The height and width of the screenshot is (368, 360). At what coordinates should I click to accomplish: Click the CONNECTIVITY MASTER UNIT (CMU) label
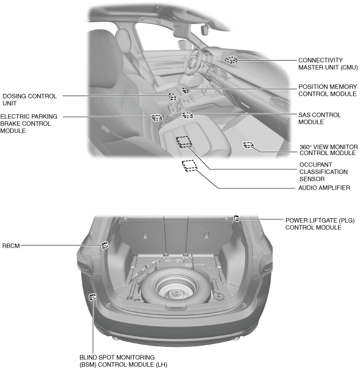click(327, 64)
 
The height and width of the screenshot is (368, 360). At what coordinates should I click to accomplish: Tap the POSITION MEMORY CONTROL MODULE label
click(328, 90)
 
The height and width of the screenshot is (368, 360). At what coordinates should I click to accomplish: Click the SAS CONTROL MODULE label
click(319, 118)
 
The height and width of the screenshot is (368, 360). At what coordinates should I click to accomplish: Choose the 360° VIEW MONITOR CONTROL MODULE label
click(328, 150)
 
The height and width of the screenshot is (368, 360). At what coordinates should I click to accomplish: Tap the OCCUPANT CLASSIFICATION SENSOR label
click(323, 172)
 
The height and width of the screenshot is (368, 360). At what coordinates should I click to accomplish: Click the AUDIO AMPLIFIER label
click(324, 188)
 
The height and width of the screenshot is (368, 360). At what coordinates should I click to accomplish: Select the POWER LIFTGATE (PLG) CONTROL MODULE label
click(313, 223)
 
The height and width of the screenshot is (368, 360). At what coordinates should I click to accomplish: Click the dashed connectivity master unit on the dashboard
click(231, 60)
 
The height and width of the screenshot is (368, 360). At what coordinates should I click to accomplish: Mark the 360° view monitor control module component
click(248, 145)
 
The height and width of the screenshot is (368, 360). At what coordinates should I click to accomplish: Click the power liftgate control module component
click(236, 217)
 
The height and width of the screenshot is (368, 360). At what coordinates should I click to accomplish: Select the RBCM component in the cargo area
click(105, 246)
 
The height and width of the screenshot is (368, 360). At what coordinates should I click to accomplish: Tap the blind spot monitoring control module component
click(93, 296)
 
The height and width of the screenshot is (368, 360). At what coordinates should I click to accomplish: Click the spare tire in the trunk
click(173, 288)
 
